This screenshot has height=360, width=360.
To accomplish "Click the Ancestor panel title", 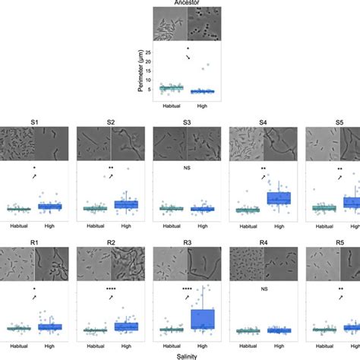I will [179, 2].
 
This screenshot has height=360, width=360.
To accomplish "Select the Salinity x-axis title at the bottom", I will [180, 355].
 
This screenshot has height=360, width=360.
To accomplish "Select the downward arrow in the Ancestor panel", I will [188, 58].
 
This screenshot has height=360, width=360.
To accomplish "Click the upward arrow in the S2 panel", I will [111, 176].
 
